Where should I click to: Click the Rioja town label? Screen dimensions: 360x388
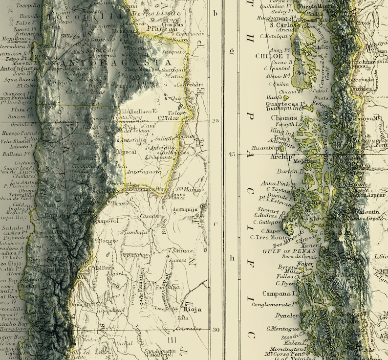[192, 309]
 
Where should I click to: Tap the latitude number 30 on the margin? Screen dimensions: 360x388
[216, 329]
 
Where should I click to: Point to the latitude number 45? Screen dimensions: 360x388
[231, 155]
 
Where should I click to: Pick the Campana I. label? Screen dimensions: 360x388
[280, 293]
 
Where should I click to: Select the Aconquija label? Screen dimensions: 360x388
[184, 209]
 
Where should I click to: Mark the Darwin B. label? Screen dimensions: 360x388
[276, 171]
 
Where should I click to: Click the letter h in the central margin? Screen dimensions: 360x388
[232, 258]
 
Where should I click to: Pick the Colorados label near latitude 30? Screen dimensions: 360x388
[188, 329]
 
